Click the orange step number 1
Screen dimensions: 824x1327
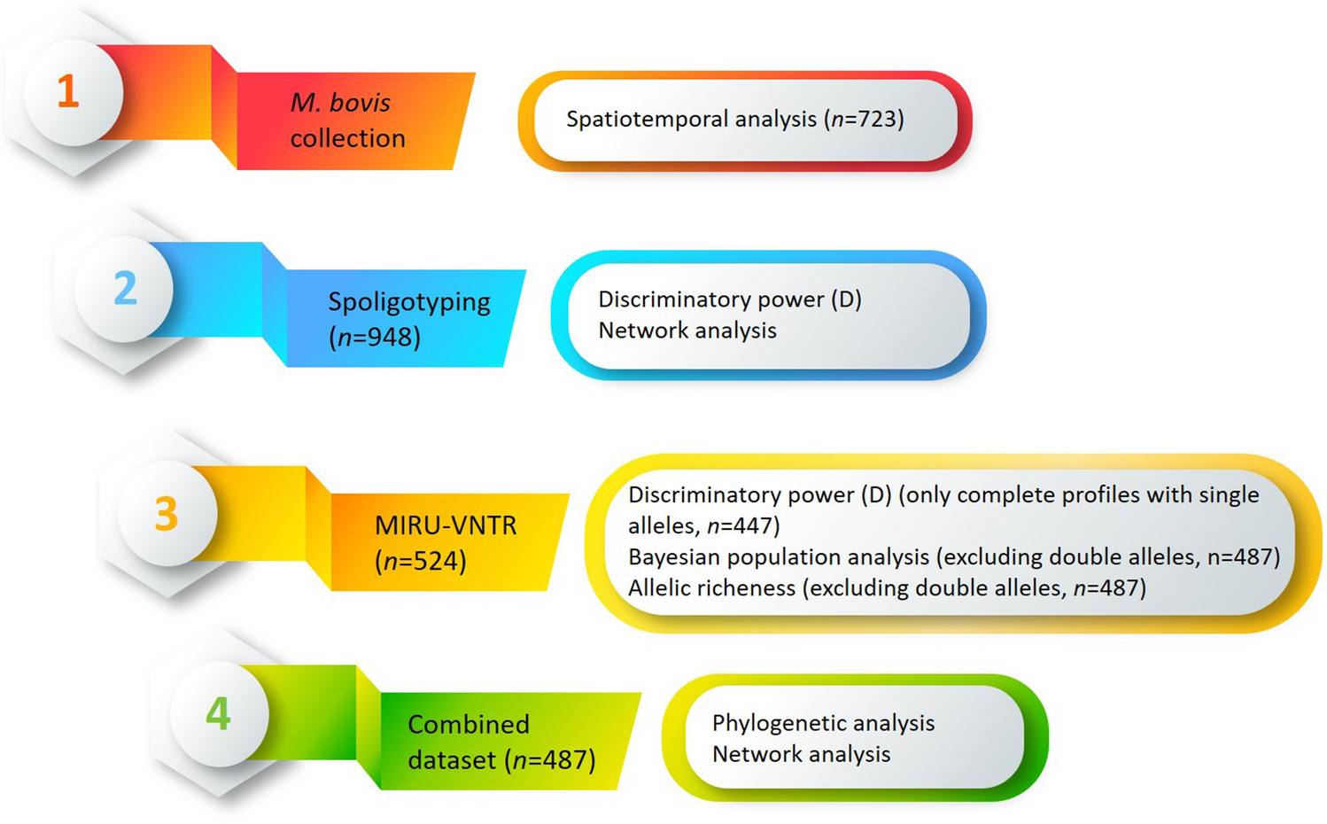68,92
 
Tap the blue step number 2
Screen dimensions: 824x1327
125,289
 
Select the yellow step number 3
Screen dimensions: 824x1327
167,514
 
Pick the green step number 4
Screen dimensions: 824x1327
218,713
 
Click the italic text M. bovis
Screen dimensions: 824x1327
340,103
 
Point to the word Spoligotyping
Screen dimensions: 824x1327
408,302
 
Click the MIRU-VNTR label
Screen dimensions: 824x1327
445,525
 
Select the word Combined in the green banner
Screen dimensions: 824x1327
468,724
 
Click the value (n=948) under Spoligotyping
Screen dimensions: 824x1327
374,338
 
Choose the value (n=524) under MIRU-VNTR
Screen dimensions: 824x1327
420,561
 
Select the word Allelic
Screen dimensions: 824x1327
664,588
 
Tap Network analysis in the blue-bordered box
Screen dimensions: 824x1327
687,330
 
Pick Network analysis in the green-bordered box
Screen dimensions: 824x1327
801,754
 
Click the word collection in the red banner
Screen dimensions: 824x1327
347,138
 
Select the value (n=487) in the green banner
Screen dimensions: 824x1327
549,760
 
